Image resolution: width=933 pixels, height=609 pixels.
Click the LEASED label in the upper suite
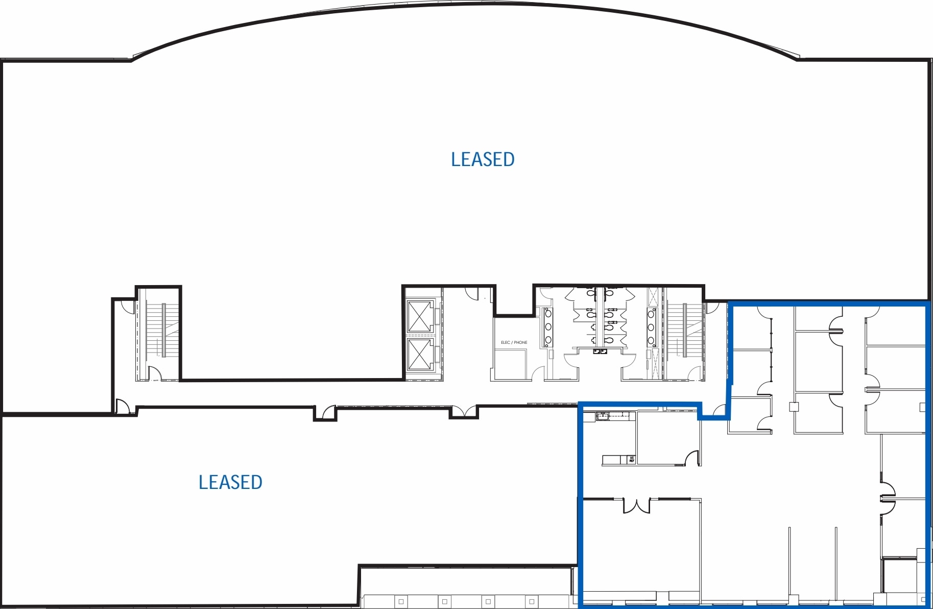pos(483,159)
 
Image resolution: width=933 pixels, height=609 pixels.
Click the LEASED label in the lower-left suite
pos(230,482)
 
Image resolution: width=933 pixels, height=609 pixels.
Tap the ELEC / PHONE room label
pos(514,342)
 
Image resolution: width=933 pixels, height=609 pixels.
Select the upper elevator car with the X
pos(420,317)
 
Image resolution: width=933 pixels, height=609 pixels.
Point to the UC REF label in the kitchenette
pos(632,460)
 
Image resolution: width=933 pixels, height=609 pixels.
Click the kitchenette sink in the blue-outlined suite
pos(603,415)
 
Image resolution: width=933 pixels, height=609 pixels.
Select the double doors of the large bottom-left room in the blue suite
pos(636,505)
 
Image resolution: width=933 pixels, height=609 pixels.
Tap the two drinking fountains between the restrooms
pos(600,352)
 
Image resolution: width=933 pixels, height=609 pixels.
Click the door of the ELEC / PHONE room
pos(538,373)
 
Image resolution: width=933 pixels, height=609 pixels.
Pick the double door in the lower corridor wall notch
pos(463,411)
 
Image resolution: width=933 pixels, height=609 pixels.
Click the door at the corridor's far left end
pos(123,407)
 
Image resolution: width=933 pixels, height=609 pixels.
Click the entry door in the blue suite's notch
pos(720,410)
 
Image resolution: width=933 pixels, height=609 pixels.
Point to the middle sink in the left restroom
pos(548,326)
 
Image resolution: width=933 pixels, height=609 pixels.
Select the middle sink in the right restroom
pos(652,326)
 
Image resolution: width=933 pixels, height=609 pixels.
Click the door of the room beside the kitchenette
pos(692,458)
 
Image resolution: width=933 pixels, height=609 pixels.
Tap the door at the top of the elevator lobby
pos(471,294)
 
